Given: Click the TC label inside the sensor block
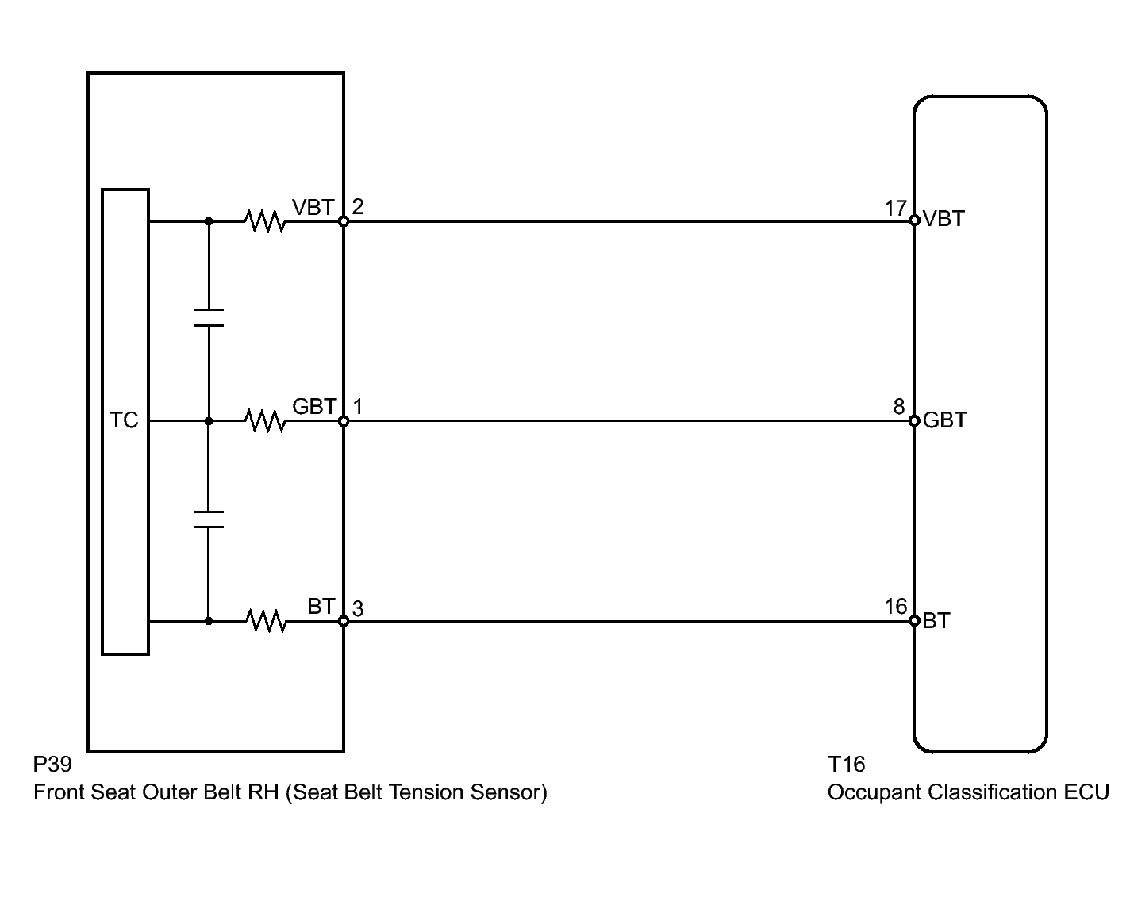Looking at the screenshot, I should coord(125,420).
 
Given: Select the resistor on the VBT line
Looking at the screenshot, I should coord(265,221).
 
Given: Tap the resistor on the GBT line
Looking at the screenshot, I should coord(265,421).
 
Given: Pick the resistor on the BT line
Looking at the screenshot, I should coord(265,621).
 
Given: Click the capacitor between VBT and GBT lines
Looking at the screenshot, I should coord(209,317).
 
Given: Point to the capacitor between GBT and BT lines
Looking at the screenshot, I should coord(209,519).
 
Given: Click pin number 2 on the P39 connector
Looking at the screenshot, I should coord(358,207).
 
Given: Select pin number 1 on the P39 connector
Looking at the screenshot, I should coord(358,407).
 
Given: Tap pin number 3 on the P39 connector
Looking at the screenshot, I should coord(358,608).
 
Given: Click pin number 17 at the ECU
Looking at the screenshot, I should coord(895,208).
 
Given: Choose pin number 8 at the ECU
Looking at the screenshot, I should coord(898,407).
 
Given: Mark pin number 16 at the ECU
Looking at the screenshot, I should coord(895,607).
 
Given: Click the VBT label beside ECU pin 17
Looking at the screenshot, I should coord(944,219).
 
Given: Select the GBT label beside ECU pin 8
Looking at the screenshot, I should coord(944,420).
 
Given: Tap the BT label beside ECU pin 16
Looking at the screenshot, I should coord(936,620).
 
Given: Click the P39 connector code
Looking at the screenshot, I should coord(52,765).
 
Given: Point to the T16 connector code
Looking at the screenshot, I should coord(846,765).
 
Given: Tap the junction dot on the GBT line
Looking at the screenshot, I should coord(209,421).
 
